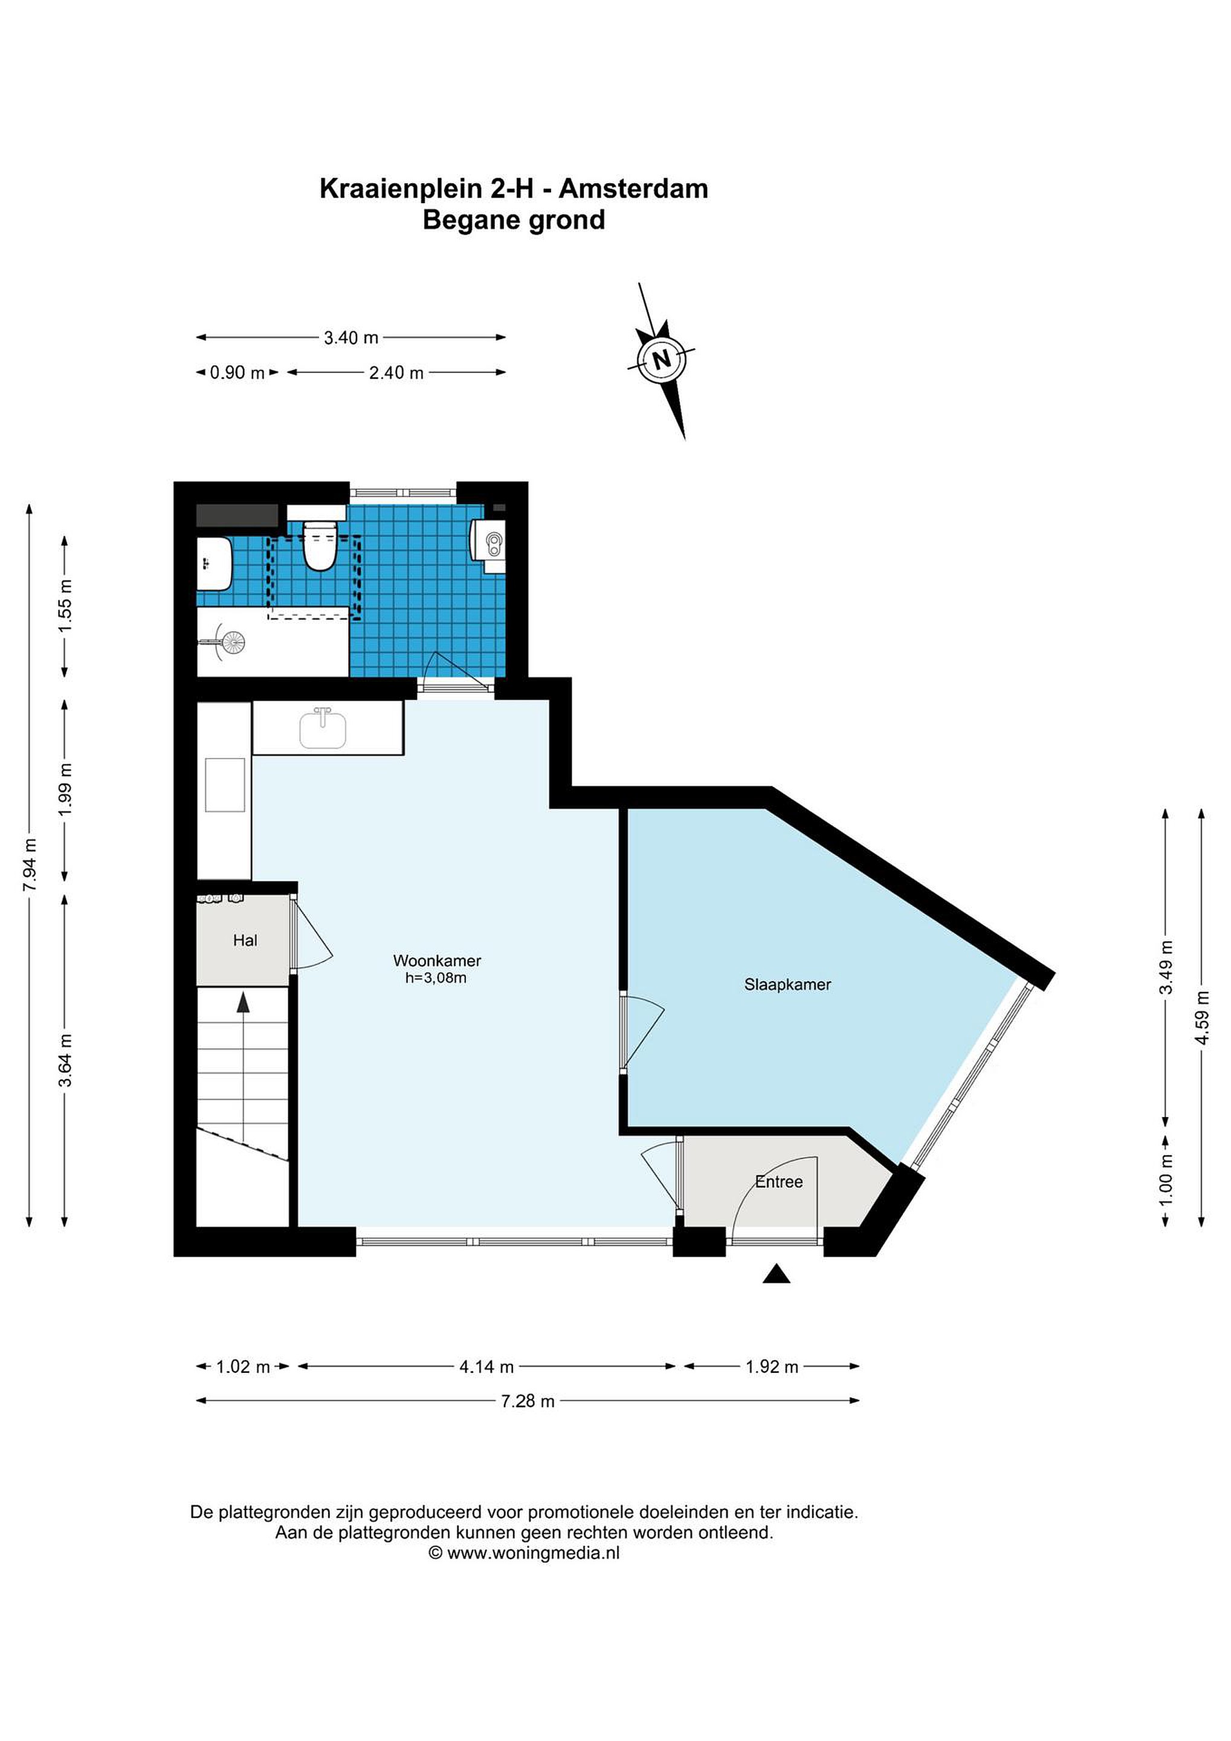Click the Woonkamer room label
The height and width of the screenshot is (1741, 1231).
coord(436,961)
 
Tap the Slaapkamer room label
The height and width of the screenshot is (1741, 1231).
coord(787,984)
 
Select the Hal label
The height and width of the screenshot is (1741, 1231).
coord(245,940)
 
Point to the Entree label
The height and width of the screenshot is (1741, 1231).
coord(778,1181)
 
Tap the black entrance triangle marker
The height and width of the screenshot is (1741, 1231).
coord(776,1274)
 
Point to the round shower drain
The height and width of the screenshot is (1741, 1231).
coord(233,642)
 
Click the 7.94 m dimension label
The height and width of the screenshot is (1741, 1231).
coord(30,864)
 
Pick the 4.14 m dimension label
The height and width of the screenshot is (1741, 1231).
coord(486,1366)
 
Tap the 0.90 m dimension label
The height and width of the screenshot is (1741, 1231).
coord(237,372)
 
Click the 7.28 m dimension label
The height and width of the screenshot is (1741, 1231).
coord(528,1401)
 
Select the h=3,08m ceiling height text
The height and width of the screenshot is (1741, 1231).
coord(436,978)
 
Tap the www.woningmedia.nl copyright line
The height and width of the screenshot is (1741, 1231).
coord(525,1552)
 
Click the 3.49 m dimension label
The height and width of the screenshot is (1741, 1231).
coord(1166,967)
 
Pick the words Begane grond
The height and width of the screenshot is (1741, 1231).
coord(514,220)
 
